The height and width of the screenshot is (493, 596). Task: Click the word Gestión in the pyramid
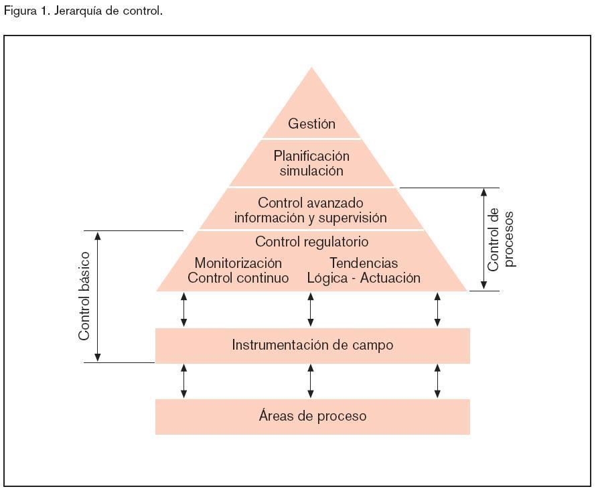click(x=311, y=124)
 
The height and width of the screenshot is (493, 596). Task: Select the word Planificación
click(x=311, y=156)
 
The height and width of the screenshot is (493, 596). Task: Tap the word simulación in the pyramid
click(x=311, y=171)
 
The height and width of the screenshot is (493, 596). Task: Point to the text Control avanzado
click(x=311, y=202)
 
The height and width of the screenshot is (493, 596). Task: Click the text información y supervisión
click(x=310, y=218)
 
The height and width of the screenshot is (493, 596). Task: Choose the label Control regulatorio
click(x=311, y=242)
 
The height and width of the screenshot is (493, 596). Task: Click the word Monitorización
click(x=238, y=263)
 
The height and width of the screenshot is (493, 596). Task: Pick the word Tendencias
click(x=364, y=263)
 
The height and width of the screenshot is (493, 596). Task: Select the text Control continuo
click(x=238, y=278)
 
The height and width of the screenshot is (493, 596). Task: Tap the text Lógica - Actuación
click(x=364, y=278)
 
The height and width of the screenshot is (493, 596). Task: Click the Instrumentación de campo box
click(x=312, y=346)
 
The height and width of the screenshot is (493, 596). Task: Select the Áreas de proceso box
click(x=312, y=416)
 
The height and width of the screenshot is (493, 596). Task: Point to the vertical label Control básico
click(x=84, y=296)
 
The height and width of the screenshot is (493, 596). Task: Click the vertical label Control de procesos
click(x=502, y=239)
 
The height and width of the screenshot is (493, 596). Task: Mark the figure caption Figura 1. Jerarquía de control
click(x=83, y=11)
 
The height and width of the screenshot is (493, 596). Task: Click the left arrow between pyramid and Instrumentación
click(x=183, y=309)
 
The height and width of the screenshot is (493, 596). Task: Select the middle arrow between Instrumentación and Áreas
click(x=311, y=381)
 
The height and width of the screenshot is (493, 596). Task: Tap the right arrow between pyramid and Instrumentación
click(x=438, y=309)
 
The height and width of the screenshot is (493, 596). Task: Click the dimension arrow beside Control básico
click(x=98, y=296)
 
